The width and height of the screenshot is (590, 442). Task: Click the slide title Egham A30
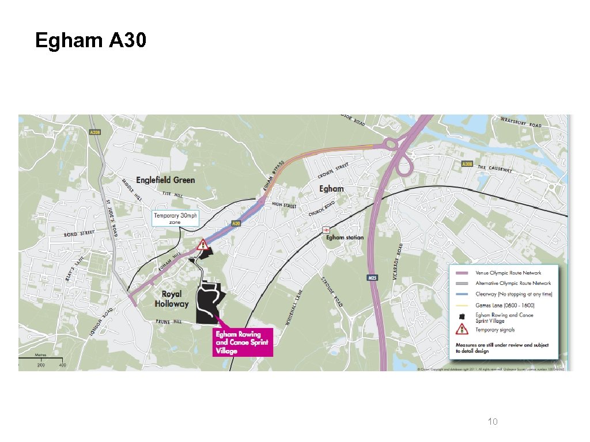[x=91, y=41]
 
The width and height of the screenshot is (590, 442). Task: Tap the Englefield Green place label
[x=166, y=180]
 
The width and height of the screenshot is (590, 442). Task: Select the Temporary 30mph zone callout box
[x=175, y=218]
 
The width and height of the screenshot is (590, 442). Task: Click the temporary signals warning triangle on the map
[x=202, y=245]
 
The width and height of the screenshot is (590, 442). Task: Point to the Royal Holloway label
[x=172, y=299]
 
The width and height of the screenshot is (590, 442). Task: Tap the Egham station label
[x=345, y=237]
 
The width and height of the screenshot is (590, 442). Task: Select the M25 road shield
[x=372, y=278]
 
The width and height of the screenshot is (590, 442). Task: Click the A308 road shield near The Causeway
[x=468, y=164]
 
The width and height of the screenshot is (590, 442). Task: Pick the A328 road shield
[x=96, y=132]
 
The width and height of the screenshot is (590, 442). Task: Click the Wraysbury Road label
[x=521, y=124]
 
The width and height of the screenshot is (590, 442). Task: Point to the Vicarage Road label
[x=400, y=257]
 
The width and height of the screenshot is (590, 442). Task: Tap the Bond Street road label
[x=79, y=234]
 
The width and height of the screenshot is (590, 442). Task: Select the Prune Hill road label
[x=168, y=321]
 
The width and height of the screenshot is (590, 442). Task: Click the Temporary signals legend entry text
[x=495, y=330]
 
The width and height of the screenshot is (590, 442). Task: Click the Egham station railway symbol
[x=326, y=229]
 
